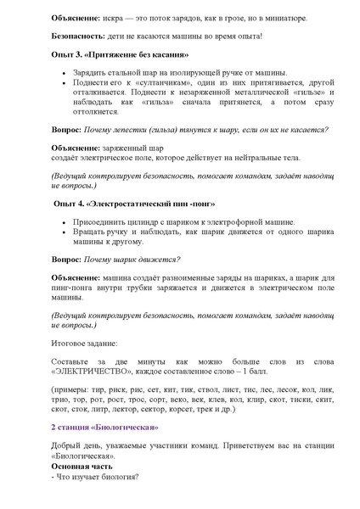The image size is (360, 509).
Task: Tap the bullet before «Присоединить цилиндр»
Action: tap(65, 222)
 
